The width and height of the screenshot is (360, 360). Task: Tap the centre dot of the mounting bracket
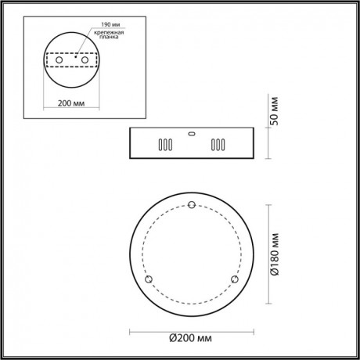(x=72, y=57)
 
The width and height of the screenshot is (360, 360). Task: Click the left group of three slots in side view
(x=164, y=145)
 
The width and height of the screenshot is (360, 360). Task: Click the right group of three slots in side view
(x=218, y=145)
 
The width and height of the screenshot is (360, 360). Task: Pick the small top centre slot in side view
(x=191, y=132)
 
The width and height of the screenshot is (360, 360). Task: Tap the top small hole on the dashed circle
(x=192, y=205)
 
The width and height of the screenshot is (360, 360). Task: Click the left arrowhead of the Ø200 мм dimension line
(x=131, y=329)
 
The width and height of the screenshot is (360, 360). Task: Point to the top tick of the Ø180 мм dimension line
(x=271, y=205)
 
